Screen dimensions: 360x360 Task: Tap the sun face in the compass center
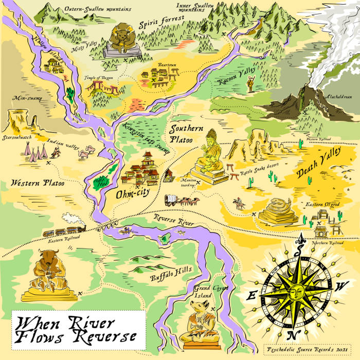[294, 293]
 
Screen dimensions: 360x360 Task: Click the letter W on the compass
[338, 288]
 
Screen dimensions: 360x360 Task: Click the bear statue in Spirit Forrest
[121, 41]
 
